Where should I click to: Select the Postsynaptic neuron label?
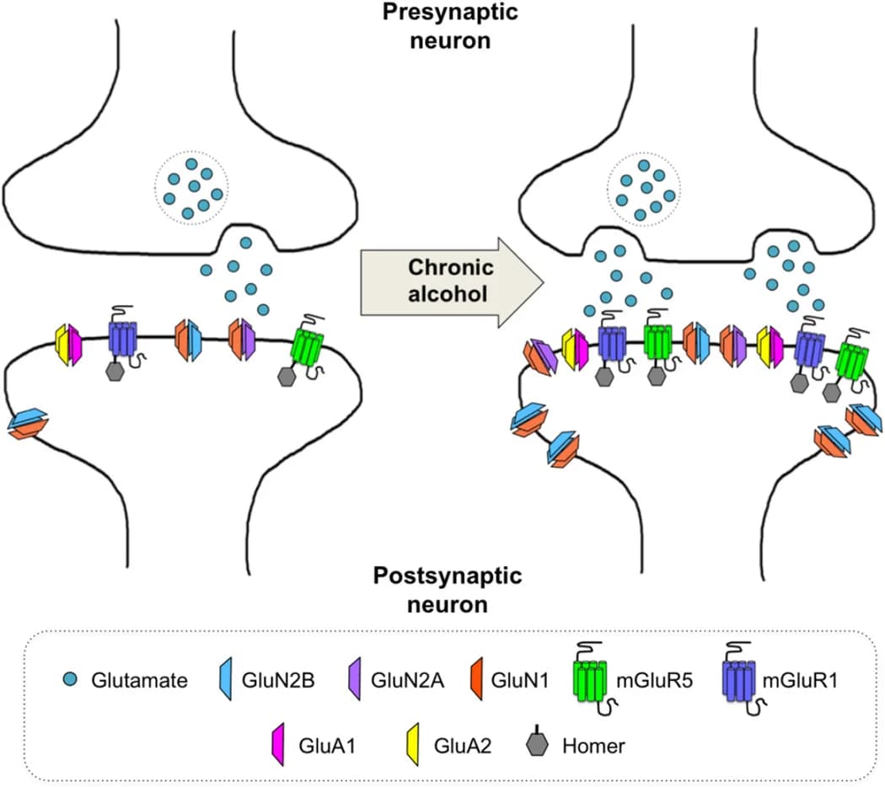[447, 591]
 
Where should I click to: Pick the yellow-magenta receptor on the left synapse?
[67, 344]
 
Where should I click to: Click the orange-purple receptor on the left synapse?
[243, 340]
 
